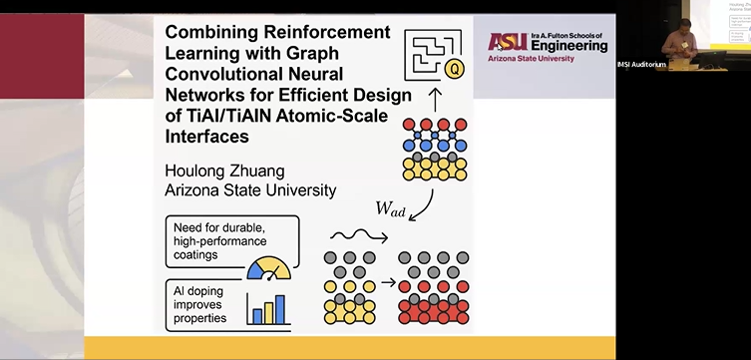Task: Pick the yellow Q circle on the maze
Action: [x=455, y=69]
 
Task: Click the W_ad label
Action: [x=390, y=209]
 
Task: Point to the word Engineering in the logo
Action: [x=563, y=45]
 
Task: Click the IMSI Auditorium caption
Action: [x=641, y=65]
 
